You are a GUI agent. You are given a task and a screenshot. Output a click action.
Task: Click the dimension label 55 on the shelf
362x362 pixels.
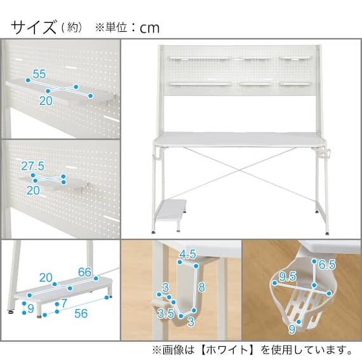[x=39, y=74]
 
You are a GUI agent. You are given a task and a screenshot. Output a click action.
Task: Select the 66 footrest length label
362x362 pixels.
[x=84, y=272]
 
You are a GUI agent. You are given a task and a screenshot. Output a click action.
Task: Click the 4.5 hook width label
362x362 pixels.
[x=187, y=255]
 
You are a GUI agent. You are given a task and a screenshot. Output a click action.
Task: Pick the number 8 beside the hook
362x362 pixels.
[x=201, y=286]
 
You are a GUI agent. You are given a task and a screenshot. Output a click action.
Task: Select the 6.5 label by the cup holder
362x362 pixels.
[x=328, y=264]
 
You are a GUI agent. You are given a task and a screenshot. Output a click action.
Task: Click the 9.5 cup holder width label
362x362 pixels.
[x=286, y=278]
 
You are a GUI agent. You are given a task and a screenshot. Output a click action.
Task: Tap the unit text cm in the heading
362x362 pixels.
[x=150, y=28]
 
